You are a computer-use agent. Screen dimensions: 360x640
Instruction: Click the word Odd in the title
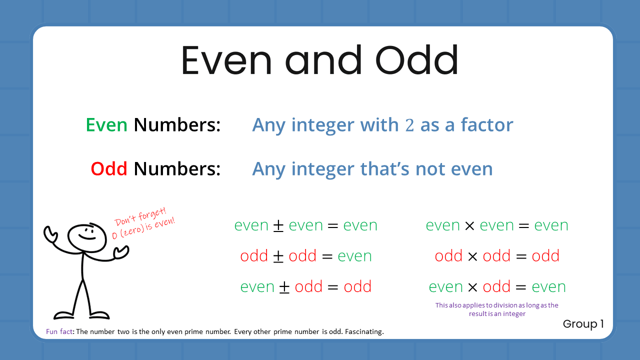[416, 60]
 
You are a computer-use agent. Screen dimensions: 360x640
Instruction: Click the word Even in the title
[226, 60]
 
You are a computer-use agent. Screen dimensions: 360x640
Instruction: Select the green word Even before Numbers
[106, 125]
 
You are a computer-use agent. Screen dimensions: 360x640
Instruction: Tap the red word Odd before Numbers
[108, 169]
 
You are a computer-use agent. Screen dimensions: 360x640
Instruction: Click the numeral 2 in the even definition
[409, 125]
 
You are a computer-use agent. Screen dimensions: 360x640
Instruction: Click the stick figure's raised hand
[50, 233]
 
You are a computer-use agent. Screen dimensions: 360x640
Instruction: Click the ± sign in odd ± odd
[278, 256]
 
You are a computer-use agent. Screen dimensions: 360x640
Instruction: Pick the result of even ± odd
[357, 287]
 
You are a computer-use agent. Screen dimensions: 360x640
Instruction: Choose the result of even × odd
[548, 287]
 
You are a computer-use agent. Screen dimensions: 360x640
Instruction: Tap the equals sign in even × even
[523, 225]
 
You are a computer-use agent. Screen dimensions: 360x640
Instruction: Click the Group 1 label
[583, 324]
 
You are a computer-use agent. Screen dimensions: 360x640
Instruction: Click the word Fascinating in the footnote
[366, 332]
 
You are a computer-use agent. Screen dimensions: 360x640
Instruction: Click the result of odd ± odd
[354, 256]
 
